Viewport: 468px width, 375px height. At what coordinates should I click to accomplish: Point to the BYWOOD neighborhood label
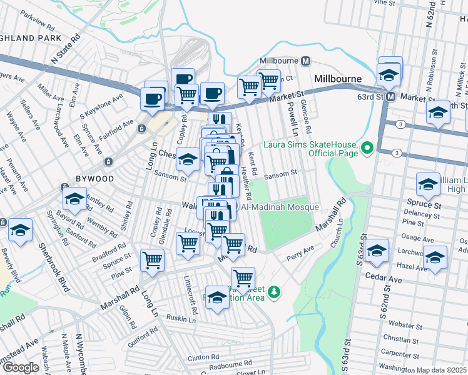click(94, 179)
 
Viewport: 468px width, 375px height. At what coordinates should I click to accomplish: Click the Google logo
click(20, 367)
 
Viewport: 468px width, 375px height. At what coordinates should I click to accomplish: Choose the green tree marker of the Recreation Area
click(273, 291)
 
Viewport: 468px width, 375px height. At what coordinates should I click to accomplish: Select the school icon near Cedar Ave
click(377, 251)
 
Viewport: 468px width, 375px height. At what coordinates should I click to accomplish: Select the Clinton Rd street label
click(201, 358)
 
